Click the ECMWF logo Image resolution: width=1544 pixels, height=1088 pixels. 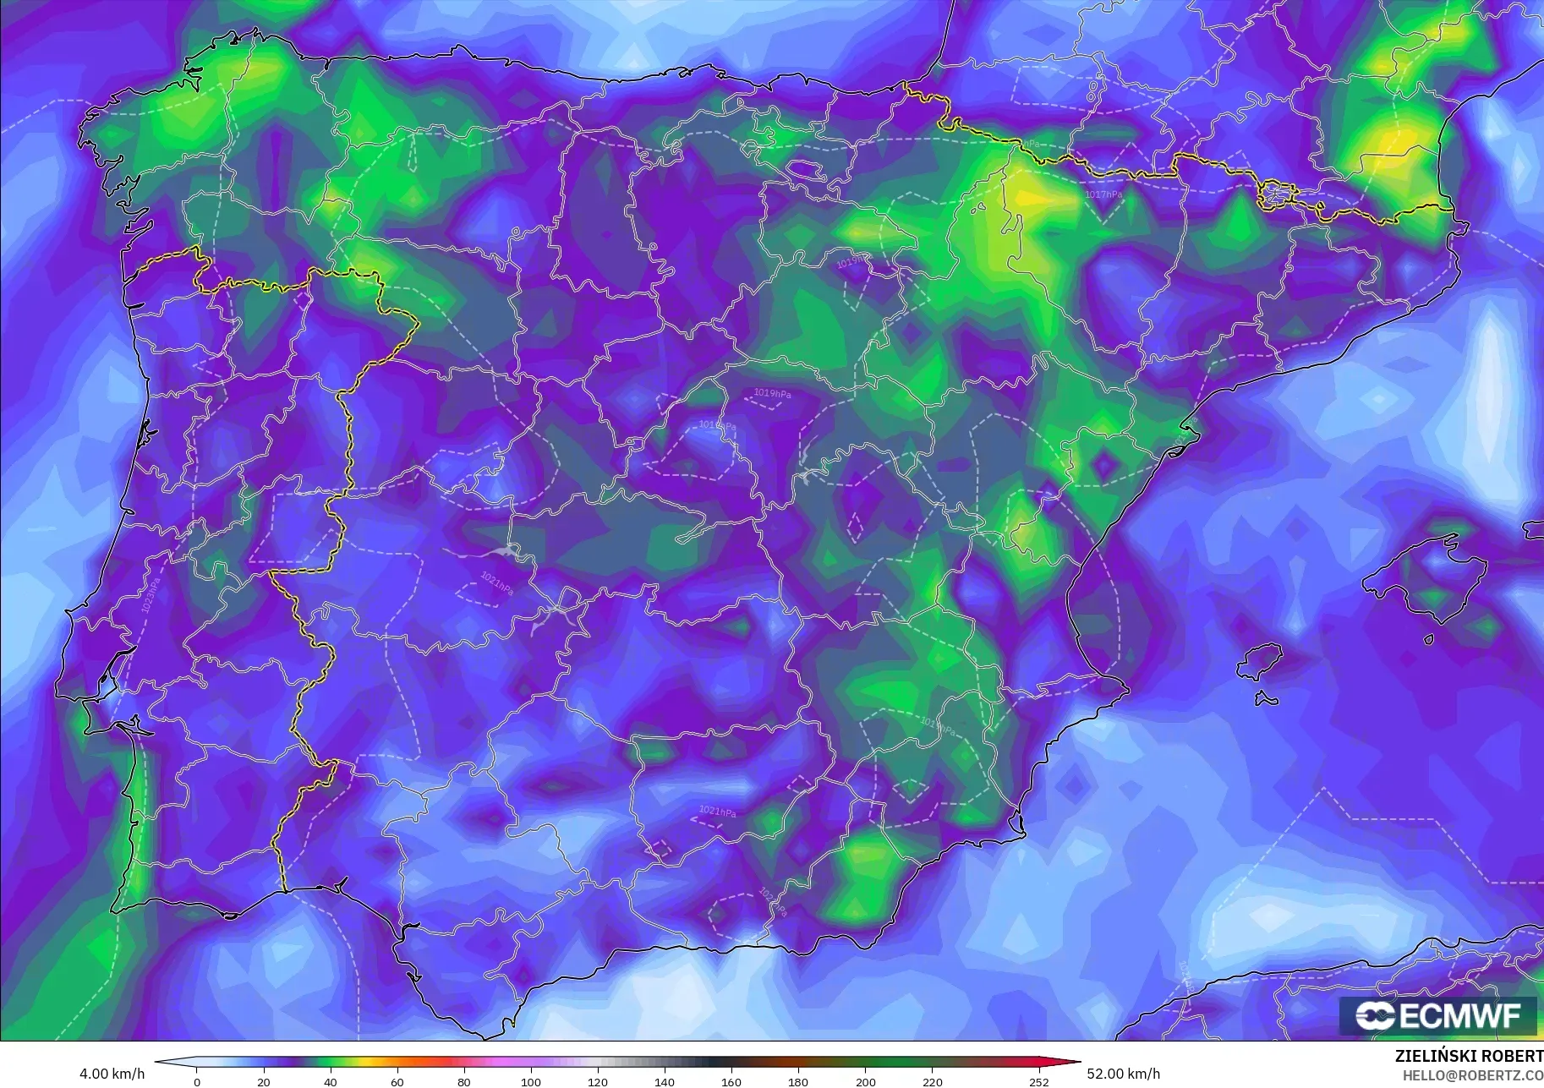(1437, 1015)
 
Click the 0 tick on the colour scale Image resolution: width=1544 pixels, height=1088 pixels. (197, 1081)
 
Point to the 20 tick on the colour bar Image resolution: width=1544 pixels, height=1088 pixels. (264, 1081)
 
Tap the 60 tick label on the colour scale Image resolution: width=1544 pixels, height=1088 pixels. (397, 1081)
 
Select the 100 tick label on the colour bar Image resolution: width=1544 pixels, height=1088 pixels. (531, 1081)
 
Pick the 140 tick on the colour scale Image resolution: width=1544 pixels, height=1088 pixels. (665, 1081)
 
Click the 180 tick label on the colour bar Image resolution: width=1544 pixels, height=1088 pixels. (798, 1081)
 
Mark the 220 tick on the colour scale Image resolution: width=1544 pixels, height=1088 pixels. (932, 1081)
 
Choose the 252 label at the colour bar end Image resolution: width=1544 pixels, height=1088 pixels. (1038, 1081)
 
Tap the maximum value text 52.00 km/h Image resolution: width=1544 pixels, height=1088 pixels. (1123, 1074)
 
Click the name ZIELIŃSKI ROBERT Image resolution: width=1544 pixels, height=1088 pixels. (1469, 1057)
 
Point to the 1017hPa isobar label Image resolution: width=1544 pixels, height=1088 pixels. (1103, 194)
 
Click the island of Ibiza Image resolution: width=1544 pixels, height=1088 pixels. (1261, 660)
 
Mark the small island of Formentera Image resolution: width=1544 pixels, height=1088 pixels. (1266, 698)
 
